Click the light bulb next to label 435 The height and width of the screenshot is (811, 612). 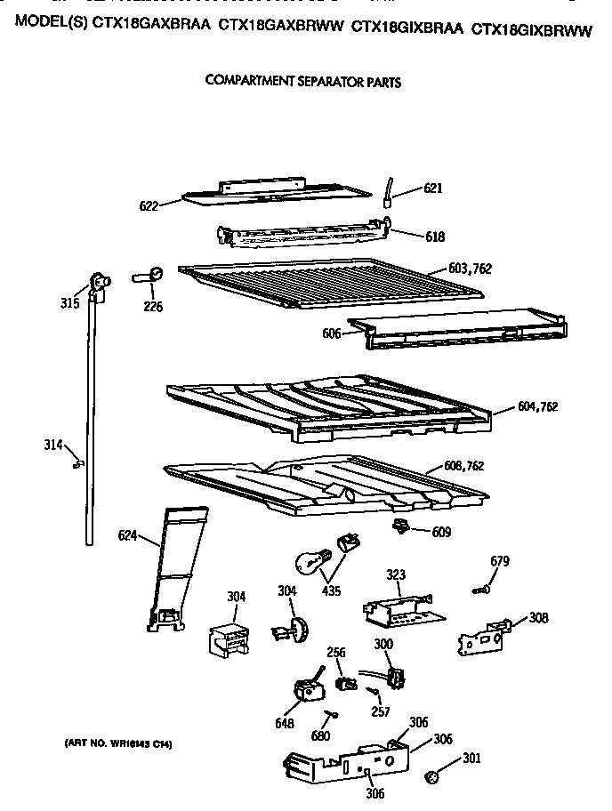pyautogui.click(x=310, y=563)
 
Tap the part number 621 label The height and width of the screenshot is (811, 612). pyautogui.click(x=433, y=189)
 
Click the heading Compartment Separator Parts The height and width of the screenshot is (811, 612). pyautogui.click(x=302, y=82)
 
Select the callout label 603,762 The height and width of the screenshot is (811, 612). pyautogui.click(x=471, y=268)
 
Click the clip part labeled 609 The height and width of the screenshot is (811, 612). pyautogui.click(x=400, y=528)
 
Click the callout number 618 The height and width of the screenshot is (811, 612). pyautogui.click(x=434, y=237)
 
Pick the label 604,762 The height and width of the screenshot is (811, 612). pyautogui.click(x=537, y=407)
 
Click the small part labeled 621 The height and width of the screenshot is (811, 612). pyautogui.click(x=389, y=191)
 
